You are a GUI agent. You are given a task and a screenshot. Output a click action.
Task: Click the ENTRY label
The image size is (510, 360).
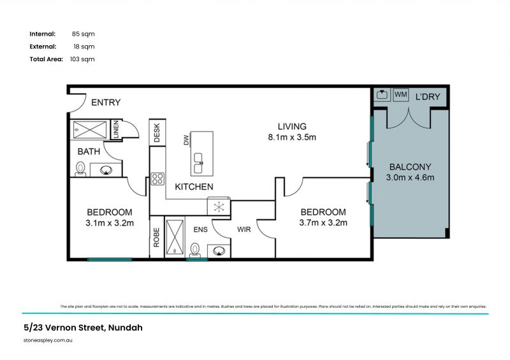pyautogui.click(x=105, y=103)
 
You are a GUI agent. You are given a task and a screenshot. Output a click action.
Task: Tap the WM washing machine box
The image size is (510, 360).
pyautogui.click(x=401, y=95)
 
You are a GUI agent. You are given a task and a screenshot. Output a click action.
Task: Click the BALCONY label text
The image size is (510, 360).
pyautogui.click(x=410, y=166)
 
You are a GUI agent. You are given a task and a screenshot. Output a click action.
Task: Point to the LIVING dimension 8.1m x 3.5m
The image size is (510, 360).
pyautogui.click(x=292, y=137)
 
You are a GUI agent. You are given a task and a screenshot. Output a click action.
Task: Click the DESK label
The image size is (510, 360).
pyautogui.click(x=157, y=134)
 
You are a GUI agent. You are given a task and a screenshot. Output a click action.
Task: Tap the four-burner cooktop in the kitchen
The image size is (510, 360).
pyautogui.click(x=157, y=179)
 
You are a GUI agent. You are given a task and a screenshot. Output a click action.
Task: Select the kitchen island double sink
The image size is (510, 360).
pyautogui.click(x=199, y=162)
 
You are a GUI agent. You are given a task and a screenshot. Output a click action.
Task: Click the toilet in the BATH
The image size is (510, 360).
pyautogui.click(x=80, y=168)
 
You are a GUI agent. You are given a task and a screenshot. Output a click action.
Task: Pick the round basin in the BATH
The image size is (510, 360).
pyautogui.click(x=106, y=170)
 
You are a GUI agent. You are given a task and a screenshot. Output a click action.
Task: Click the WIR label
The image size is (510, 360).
pyautogui.click(x=245, y=229)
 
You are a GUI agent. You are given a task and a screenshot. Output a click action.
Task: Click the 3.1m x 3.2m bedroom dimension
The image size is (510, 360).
pyautogui.click(x=109, y=223)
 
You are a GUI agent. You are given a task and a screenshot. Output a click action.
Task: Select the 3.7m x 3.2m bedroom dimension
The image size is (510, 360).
pyautogui.click(x=323, y=223)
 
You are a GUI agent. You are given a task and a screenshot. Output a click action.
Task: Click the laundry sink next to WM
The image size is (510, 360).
pyautogui.click(x=382, y=95)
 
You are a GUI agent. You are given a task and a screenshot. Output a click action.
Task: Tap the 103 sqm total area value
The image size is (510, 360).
pyautogui.click(x=82, y=59)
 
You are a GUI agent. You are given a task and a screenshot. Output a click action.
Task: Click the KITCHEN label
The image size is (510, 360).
pyautogui.click(x=194, y=187)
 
